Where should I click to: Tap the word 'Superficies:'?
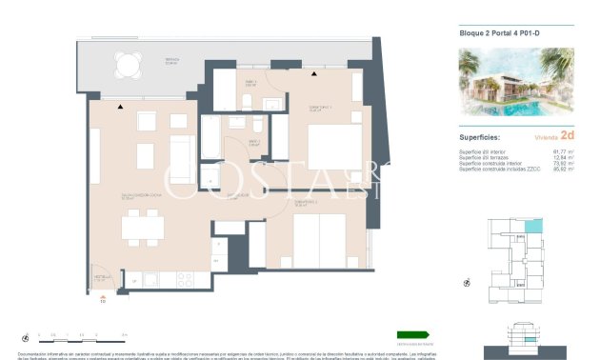click(x=480, y=136)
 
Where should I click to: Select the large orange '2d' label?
click(x=568, y=136)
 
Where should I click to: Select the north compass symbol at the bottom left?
click(x=24, y=334)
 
